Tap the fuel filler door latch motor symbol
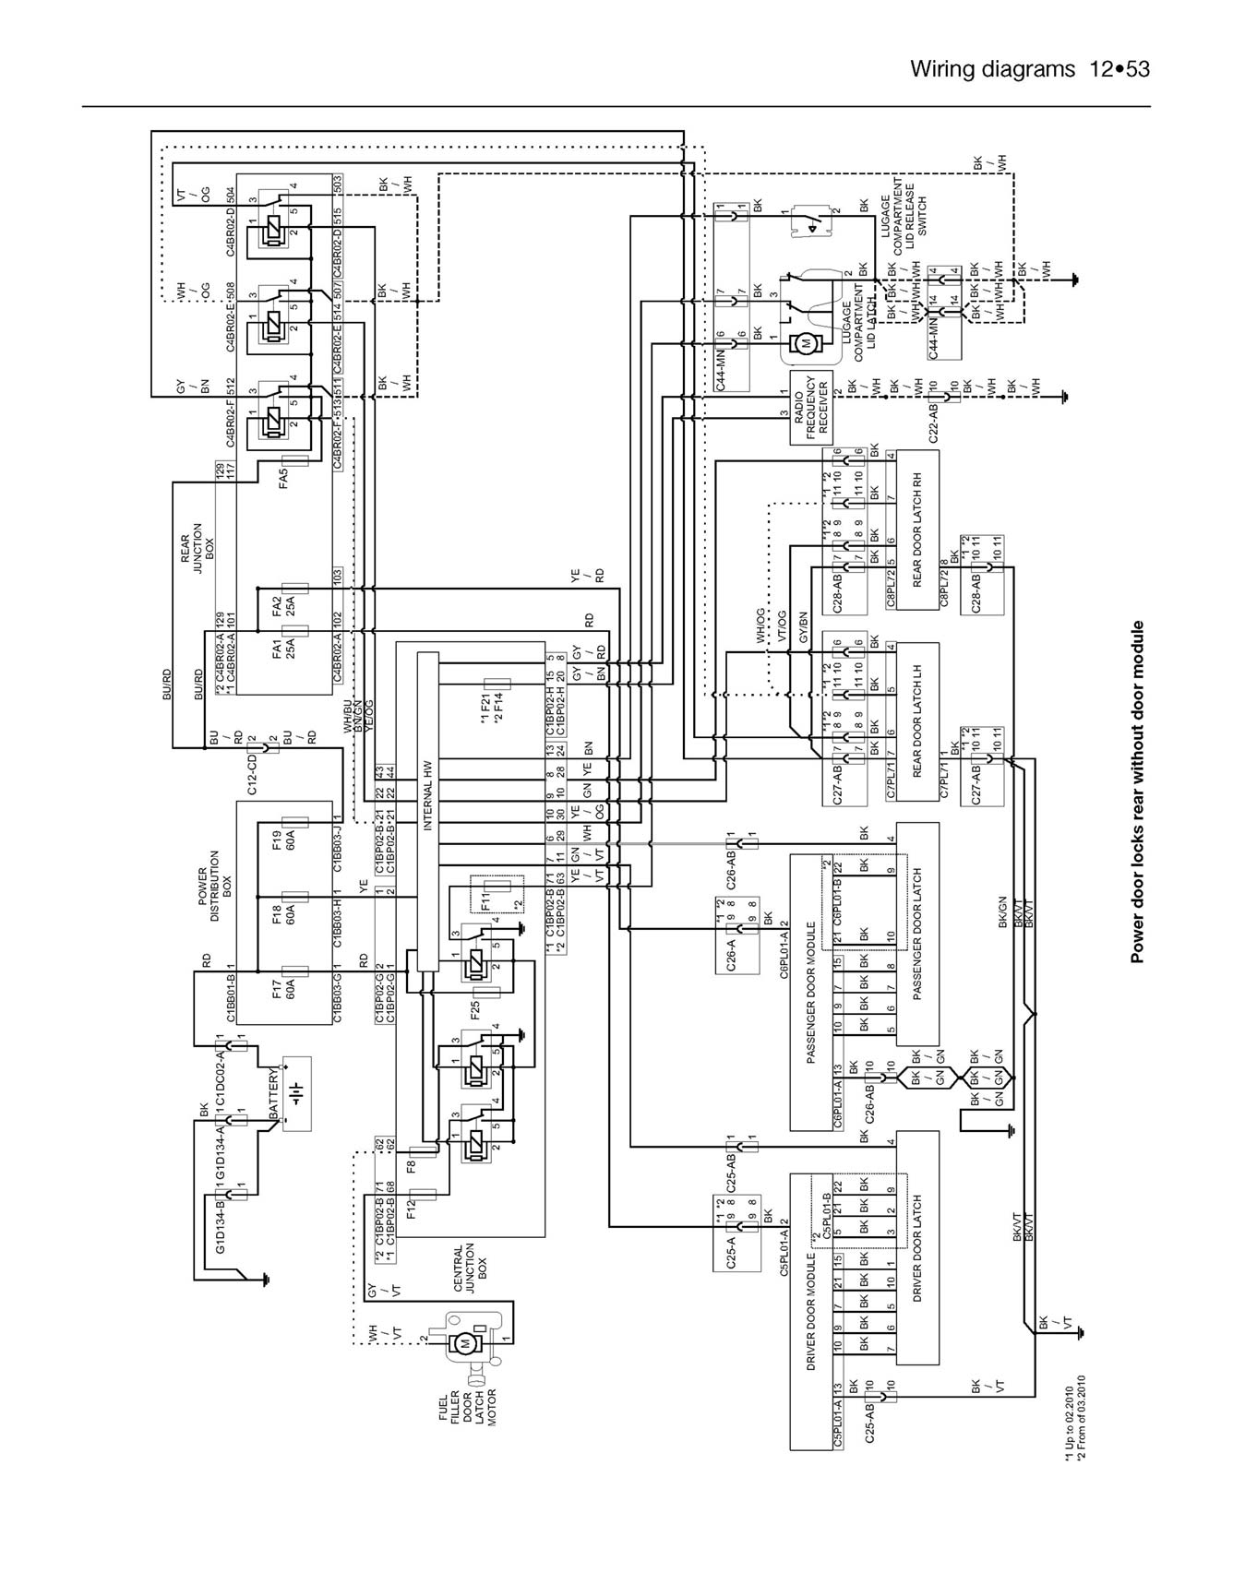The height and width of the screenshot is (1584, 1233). coord(466,1340)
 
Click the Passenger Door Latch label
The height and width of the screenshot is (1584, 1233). coord(917,934)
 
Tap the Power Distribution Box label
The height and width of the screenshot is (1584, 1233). coord(215,886)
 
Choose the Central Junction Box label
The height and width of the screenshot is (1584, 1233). coord(470,1270)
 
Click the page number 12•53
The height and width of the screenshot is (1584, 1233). coord(1119,68)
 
